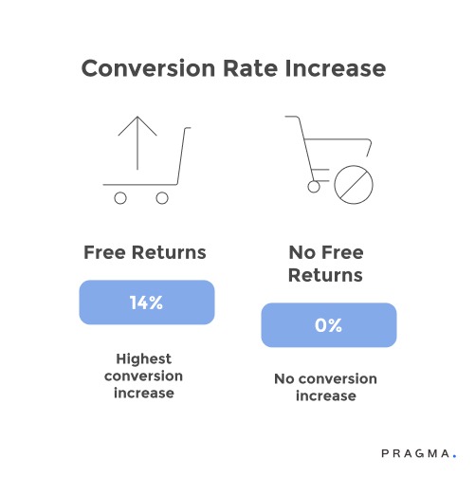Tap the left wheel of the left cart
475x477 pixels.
tap(120, 197)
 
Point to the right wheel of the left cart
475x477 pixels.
tap(162, 197)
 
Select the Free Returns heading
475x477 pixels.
tap(145, 253)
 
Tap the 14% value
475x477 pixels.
tap(146, 303)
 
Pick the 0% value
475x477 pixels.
tap(328, 325)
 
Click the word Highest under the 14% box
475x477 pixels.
tap(146, 358)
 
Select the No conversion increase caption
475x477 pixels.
tap(325, 387)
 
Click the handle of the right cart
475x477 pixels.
tap(291, 119)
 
